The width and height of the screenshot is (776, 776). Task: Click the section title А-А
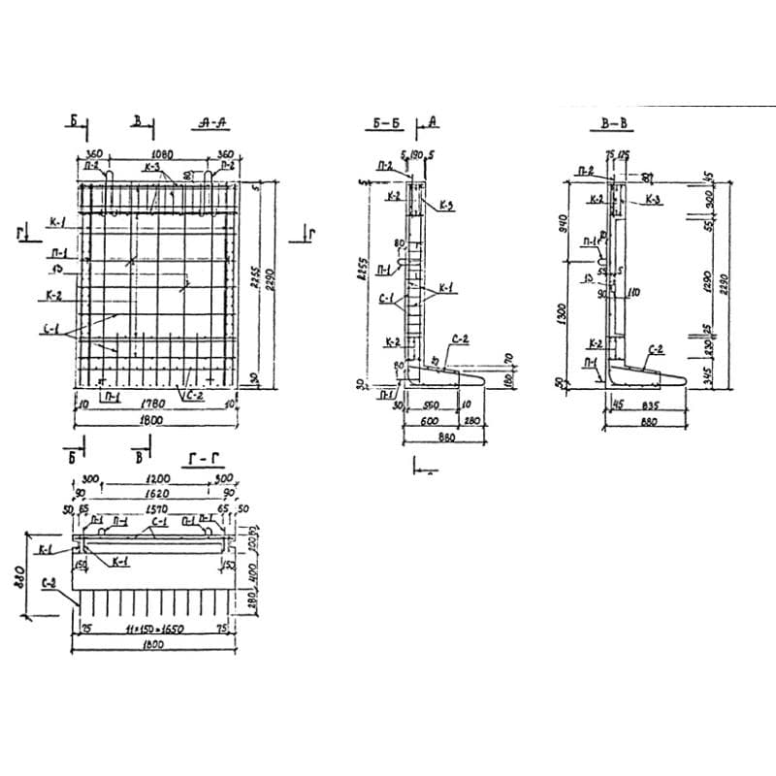211,123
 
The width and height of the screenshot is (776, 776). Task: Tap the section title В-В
612,124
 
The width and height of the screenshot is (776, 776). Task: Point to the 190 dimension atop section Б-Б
417,154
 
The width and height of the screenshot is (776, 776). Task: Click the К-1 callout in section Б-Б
447,287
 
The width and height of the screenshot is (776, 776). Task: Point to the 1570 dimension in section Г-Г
153,506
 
